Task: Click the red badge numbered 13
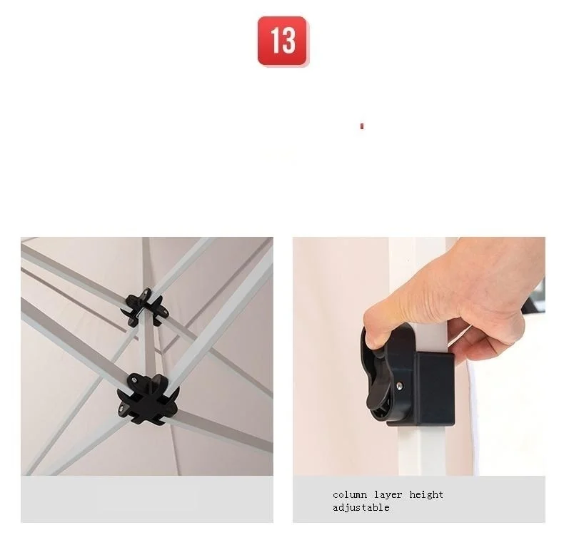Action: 282,41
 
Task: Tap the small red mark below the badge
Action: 362,126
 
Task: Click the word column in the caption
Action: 350,494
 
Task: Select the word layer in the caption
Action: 388,495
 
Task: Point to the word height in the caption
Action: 426,495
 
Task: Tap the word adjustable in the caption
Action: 361,507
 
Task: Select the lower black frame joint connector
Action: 148,399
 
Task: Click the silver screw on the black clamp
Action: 399,386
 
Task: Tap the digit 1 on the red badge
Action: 275,41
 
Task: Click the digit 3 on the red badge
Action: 289,41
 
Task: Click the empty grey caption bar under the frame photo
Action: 147,499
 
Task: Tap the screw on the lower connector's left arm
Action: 123,408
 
